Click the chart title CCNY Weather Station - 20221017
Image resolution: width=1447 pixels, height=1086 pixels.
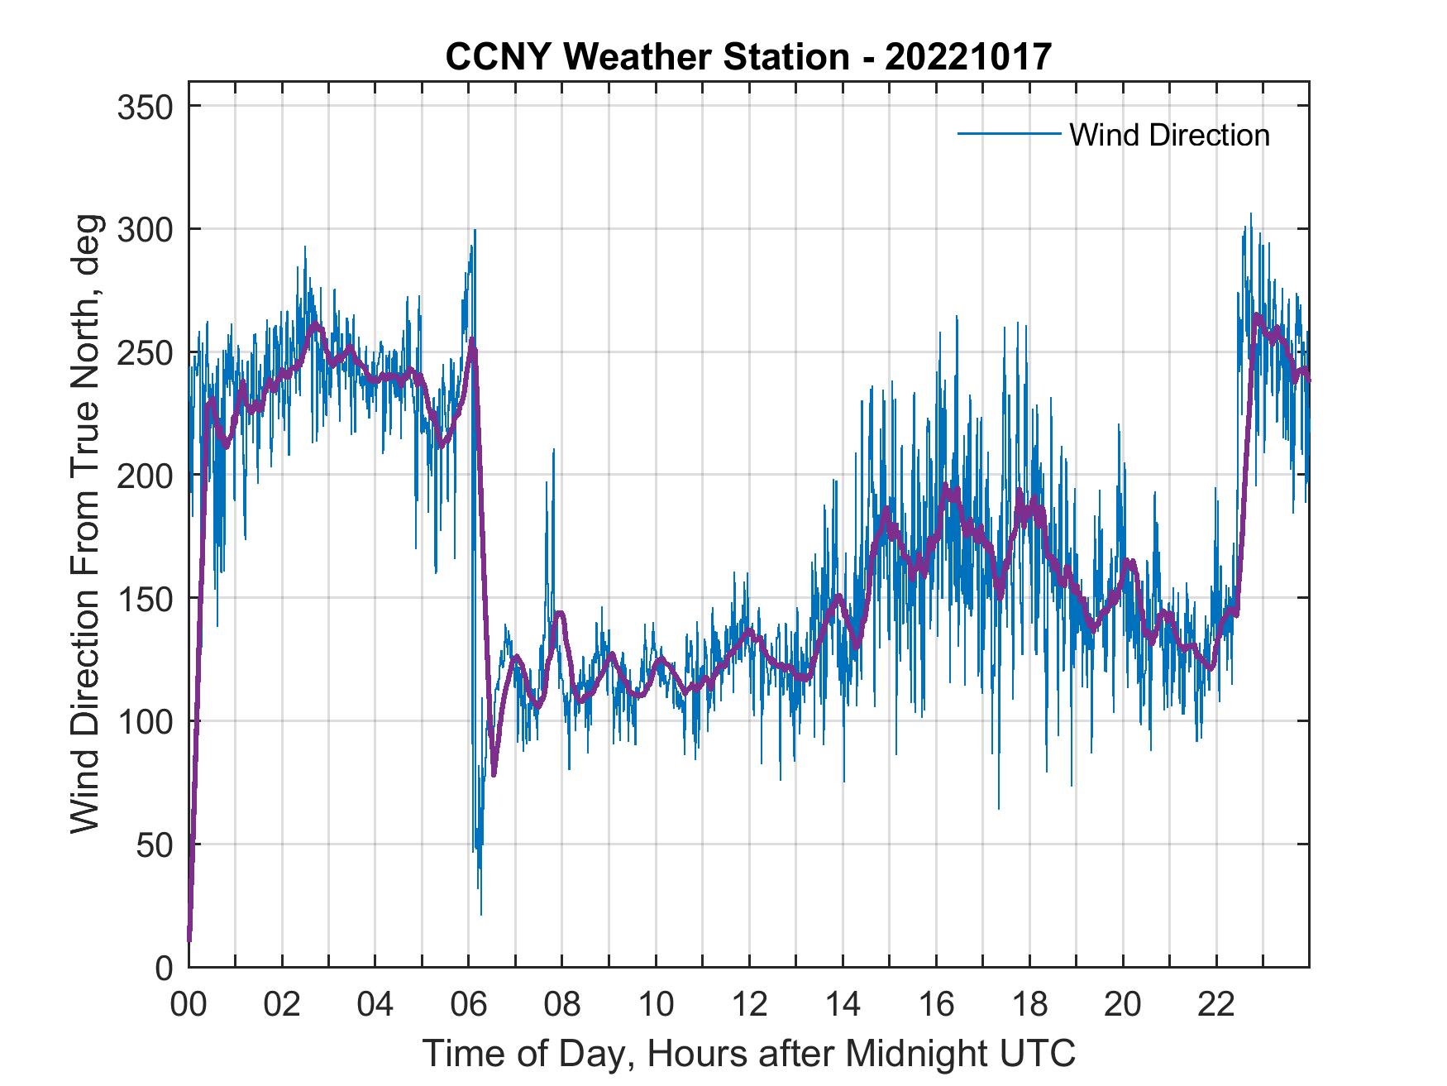tap(748, 57)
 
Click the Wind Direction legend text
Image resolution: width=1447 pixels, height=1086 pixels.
tap(1169, 135)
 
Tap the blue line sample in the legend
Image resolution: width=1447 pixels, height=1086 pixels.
tap(1009, 133)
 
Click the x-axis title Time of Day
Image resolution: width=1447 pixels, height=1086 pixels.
tap(748, 1053)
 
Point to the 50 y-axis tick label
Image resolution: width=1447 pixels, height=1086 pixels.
tap(155, 845)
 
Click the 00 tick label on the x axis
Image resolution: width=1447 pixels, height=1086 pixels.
tap(189, 1005)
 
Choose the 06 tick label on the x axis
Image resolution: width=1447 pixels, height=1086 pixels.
tap(469, 1005)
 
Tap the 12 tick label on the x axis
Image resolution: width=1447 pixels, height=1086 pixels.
tap(749, 1005)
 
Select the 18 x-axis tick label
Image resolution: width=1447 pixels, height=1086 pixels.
tap(1029, 1005)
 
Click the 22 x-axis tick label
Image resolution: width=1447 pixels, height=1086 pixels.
tap(1216, 1005)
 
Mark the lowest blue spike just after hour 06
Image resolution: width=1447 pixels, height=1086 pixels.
tap(481, 914)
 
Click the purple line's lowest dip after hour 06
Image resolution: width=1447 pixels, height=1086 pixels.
tap(494, 774)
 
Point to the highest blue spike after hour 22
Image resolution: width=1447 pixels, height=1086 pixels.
tap(1250, 214)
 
